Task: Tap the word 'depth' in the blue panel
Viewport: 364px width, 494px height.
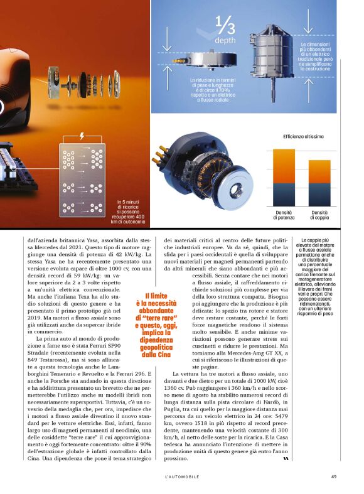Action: (x=225, y=40)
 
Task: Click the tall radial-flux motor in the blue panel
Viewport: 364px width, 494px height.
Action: (x=272, y=60)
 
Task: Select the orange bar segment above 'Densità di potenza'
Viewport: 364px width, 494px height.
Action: (x=284, y=166)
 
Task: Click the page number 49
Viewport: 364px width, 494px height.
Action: (x=334, y=476)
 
